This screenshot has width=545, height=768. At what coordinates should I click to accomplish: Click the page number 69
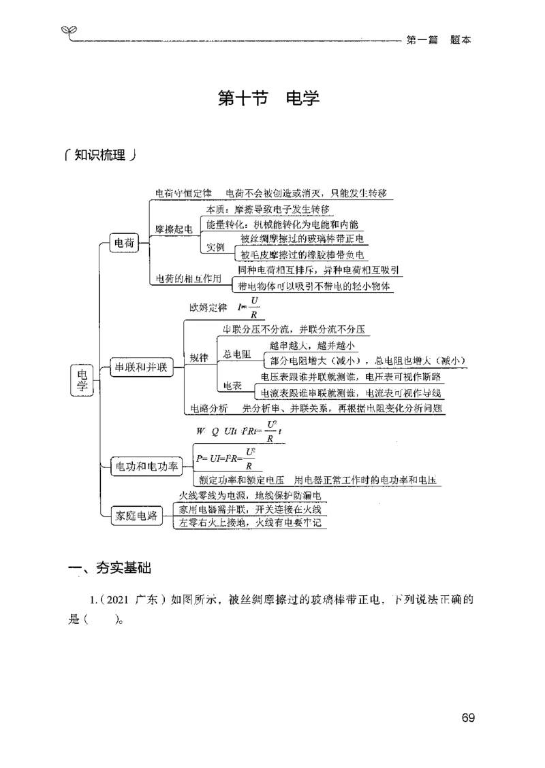point(467,718)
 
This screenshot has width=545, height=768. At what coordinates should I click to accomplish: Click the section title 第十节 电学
point(268,98)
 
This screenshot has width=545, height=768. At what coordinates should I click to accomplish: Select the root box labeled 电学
point(82,380)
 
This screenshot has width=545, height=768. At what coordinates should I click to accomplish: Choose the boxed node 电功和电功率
point(146,466)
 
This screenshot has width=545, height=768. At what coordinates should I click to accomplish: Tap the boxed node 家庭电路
point(134,516)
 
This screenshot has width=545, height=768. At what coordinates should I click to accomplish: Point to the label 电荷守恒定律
point(183,193)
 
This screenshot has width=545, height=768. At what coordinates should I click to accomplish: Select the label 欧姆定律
point(208,308)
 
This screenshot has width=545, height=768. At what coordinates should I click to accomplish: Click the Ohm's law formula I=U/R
point(248,307)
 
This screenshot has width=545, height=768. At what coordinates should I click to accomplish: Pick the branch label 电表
point(232,386)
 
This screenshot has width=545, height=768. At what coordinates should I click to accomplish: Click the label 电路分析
point(209,408)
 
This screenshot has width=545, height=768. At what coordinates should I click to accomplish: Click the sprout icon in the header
point(68,31)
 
